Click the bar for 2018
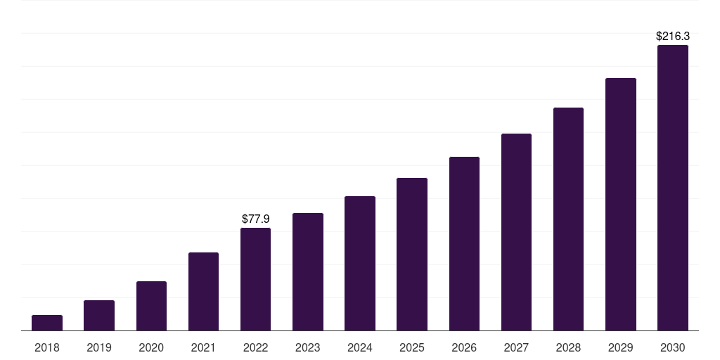click(47, 323)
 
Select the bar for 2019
click(99, 316)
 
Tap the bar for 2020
click(151, 306)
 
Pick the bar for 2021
click(203, 292)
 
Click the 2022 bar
click(255, 279)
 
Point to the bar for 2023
click(308, 272)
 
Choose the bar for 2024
click(360, 264)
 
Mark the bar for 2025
click(412, 255)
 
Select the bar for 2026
click(464, 244)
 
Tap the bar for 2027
click(516, 232)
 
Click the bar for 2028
click(568, 219)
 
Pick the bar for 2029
click(621, 205)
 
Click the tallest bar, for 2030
click(673, 188)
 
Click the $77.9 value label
click(255, 219)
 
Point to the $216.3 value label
click(673, 36)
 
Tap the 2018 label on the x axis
click(47, 347)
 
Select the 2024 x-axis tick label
click(360, 347)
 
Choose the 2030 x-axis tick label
click(673, 347)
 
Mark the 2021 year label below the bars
click(203, 347)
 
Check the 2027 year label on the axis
click(516, 347)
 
